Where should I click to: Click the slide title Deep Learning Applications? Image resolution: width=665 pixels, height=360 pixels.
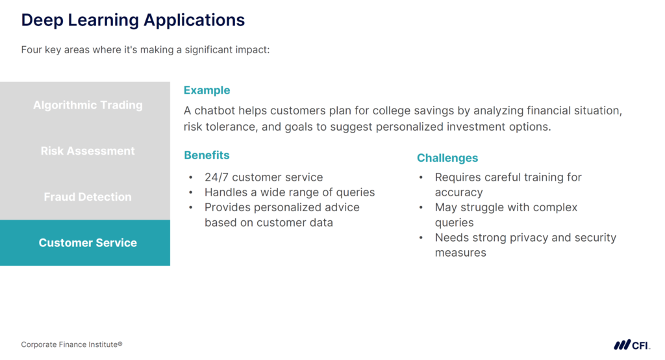tap(132, 20)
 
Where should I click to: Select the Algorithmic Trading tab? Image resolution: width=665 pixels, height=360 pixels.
tap(88, 105)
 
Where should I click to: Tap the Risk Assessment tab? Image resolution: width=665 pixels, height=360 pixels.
tap(88, 151)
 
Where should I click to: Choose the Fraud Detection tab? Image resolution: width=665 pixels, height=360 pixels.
tap(88, 197)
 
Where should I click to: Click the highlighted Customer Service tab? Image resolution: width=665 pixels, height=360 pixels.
tap(88, 243)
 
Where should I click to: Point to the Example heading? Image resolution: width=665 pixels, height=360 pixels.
tap(207, 90)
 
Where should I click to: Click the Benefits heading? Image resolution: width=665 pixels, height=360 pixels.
tap(207, 155)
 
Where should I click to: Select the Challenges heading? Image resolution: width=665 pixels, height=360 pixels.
tap(447, 158)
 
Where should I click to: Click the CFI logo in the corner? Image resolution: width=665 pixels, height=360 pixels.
tap(631, 344)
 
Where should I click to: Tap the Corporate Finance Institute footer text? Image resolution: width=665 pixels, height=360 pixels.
tap(71, 344)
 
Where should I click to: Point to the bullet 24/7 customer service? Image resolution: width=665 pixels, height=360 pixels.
tap(263, 177)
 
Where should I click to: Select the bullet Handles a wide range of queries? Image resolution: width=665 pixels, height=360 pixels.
tap(289, 192)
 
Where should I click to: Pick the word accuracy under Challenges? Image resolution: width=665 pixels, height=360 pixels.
tap(458, 192)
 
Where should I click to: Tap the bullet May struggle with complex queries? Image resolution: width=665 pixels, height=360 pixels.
tap(505, 208)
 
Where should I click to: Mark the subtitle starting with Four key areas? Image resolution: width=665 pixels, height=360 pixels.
tap(145, 50)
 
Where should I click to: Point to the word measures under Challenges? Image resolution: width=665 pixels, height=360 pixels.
tap(460, 253)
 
